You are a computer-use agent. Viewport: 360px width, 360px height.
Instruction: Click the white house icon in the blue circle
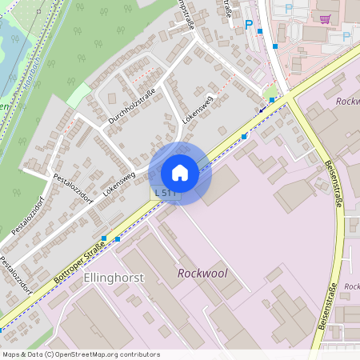(180, 173)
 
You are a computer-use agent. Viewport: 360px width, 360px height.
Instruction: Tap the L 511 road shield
(166, 194)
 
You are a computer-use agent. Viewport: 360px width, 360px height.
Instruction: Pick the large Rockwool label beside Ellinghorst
(202, 274)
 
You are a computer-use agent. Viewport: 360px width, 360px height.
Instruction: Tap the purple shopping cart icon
(325, 19)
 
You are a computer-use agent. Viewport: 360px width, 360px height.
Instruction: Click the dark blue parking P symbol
(249, 25)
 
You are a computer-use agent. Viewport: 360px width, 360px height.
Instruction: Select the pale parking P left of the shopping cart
(289, 9)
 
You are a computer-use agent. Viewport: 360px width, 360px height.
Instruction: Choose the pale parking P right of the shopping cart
(346, 37)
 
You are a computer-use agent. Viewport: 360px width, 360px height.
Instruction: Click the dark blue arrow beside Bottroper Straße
(262, 110)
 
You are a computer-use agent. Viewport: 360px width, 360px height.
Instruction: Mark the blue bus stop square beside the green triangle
(273, 100)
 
